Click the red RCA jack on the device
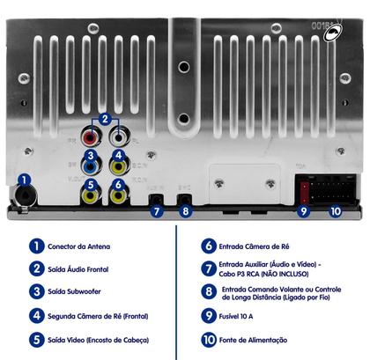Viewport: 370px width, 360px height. (89, 138)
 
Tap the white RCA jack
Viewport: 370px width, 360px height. (118, 138)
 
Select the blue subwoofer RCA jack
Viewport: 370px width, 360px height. (89, 166)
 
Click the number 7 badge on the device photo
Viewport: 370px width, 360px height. (156, 210)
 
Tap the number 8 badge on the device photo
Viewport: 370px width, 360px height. (184, 210)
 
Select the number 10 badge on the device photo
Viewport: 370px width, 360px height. (334, 210)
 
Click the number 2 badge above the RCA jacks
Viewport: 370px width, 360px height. (104, 119)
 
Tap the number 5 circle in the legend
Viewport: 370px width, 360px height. (35, 338)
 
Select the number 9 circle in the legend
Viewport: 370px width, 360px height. (208, 315)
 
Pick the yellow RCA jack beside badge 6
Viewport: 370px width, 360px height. (118, 195)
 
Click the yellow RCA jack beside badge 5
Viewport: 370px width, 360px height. (89, 195)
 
